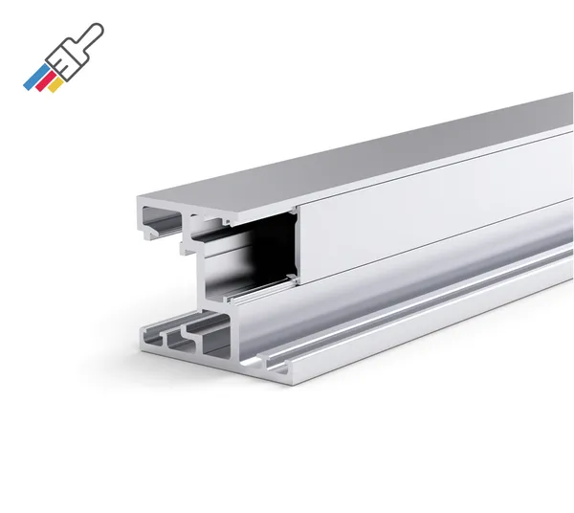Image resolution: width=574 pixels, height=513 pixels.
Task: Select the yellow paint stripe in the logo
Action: [x=56, y=85]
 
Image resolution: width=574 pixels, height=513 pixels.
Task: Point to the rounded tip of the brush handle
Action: [x=102, y=28]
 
